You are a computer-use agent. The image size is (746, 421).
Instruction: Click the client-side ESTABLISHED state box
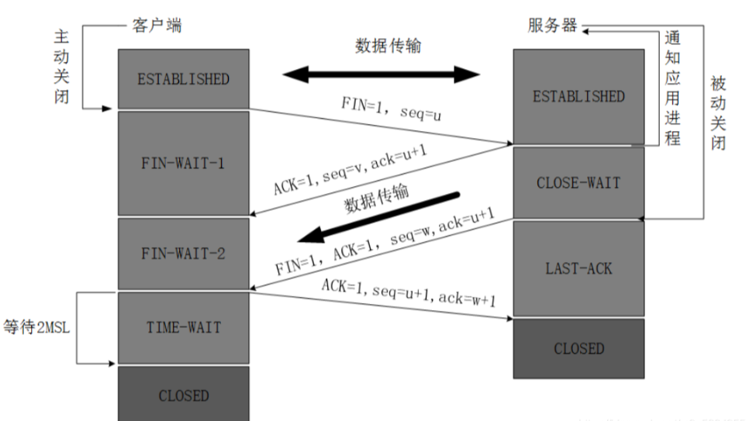click(183, 79)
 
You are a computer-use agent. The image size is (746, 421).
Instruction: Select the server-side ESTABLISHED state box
click(578, 96)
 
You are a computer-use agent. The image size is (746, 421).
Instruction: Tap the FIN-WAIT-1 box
click(183, 164)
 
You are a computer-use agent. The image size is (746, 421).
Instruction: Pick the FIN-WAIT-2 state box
click(183, 254)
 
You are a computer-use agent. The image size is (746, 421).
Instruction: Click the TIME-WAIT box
click(183, 328)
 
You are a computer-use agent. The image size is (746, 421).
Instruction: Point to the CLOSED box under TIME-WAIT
click(183, 395)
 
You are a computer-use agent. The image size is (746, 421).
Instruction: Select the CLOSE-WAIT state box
click(578, 184)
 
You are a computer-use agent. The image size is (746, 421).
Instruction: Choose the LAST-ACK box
click(578, 268)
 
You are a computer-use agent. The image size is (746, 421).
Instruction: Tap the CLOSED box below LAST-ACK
click(578, 349)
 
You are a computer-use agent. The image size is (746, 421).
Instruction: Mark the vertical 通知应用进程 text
click(672, 88)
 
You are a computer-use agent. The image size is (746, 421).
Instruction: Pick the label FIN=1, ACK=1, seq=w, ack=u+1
click(385, 244)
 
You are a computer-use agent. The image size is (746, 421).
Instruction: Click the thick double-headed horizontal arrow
click(381, 74)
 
